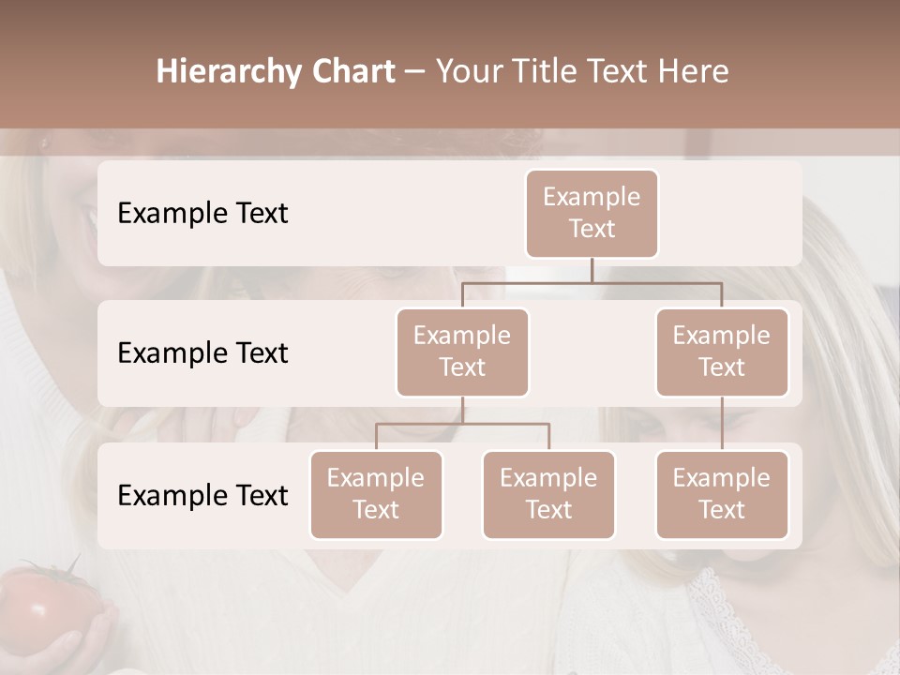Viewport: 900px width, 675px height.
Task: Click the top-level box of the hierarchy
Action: (x=592, y=213)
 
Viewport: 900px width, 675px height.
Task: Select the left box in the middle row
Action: (x=462, y=352)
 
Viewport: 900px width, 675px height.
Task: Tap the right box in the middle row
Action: (x=722, y=352)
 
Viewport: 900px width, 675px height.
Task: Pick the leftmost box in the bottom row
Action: (x=376, y=494)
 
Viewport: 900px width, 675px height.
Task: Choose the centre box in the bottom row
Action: (x=548, y=494)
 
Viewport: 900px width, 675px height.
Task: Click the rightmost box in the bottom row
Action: (x=722, y=494)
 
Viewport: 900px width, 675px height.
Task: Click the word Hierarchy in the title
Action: (x=229, y=71)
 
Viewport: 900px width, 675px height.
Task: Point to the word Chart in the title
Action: (x=352, y=71)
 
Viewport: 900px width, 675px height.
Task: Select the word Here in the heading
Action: (x=694, y=71)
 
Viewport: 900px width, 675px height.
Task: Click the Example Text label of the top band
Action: (x=202, y=214)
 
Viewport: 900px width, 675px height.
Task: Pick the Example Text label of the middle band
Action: (x=202, y=353)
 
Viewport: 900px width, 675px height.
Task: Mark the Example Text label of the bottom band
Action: (x=202, y=496)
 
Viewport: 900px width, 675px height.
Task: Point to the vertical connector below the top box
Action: (x=592, y=270)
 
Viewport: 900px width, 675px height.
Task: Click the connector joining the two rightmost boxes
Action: (x=722, y=424)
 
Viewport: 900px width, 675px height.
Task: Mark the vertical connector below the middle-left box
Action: (x=462, y=410)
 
